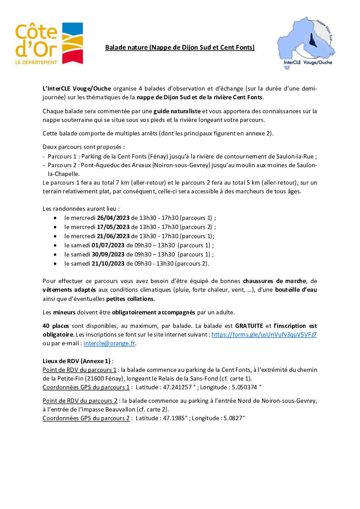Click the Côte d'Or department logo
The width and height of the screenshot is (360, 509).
click(x=49, y=44)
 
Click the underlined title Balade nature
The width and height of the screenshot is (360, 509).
click(x=179, y=47)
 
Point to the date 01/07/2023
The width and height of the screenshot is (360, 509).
click(x=108, y=245)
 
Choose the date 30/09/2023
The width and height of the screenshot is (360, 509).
click(x=108, y=254)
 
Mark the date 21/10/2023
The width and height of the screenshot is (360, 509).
click(x=108, y=263)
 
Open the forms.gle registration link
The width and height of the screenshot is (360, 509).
click(x=264, y=334)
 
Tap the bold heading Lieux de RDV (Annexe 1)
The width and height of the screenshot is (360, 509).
click(x=77, y=361)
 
